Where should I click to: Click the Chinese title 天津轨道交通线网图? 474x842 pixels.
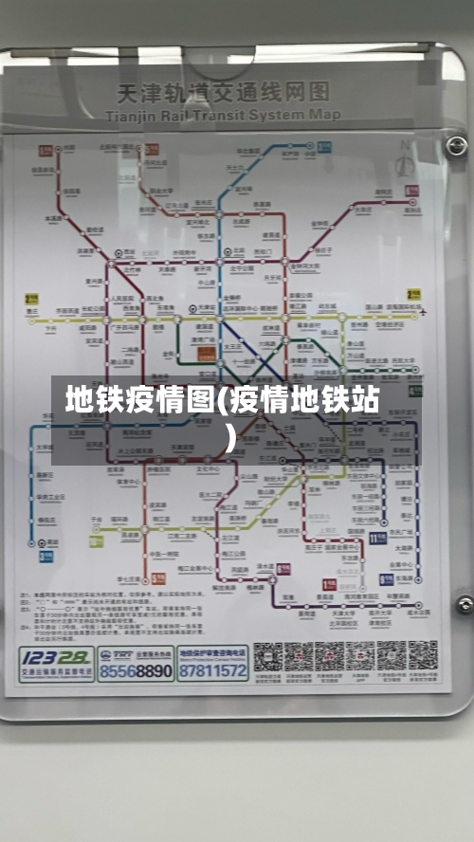point(223,93)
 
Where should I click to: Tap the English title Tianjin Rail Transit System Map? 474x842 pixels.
point(223,114)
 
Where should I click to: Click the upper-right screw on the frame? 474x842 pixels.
point(457,146)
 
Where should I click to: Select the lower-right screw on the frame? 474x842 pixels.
point(464,604)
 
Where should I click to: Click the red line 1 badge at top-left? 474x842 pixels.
point(45,150)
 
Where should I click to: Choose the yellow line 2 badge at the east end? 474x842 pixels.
point(413,297)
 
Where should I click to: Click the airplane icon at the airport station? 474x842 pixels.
point(422,310)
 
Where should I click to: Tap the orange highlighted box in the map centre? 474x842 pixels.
point(207,354)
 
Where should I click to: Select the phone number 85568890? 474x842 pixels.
point(136,671)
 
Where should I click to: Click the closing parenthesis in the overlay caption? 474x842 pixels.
point(230,437)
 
